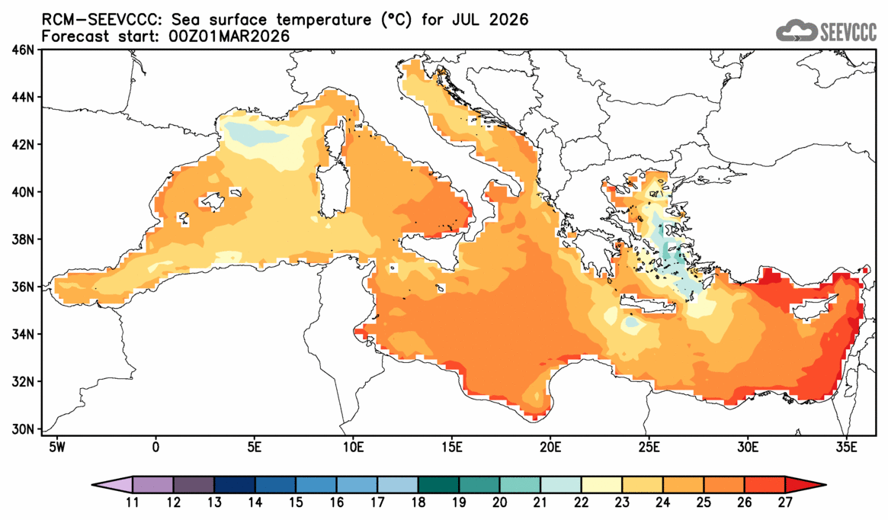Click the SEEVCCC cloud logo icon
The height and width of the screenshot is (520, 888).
pyautogui.click(x=795, y=30)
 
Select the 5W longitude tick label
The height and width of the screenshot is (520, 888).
pyautogui.click(x=55, y=445)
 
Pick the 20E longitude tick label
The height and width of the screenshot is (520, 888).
pyautogui.click(x=550, y=445)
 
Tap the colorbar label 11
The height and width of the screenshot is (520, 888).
pyautogui.click(x=133, y=503)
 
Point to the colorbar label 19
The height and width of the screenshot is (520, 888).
pyautogui.click(x=459, y=503)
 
